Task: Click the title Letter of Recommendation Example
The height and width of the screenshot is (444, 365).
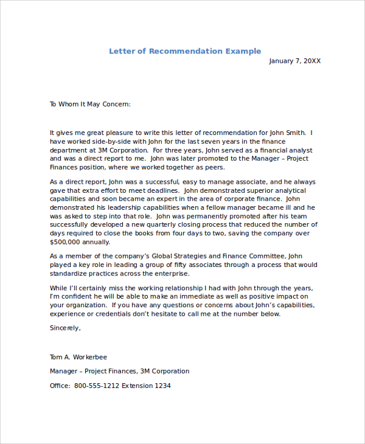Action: click(185, 51)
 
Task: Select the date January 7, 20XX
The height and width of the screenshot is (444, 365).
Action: click(294, 61)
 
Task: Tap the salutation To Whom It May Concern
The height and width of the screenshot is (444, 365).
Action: click(90, 104)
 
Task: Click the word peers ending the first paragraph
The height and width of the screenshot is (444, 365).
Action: click(214, 167)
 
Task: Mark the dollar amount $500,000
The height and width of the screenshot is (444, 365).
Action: click(66, 241)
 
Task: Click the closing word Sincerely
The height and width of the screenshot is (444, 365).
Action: click(65, 328)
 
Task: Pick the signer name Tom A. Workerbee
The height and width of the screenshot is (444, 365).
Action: click(78, 357)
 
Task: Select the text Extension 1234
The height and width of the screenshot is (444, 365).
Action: click(146, 386)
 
